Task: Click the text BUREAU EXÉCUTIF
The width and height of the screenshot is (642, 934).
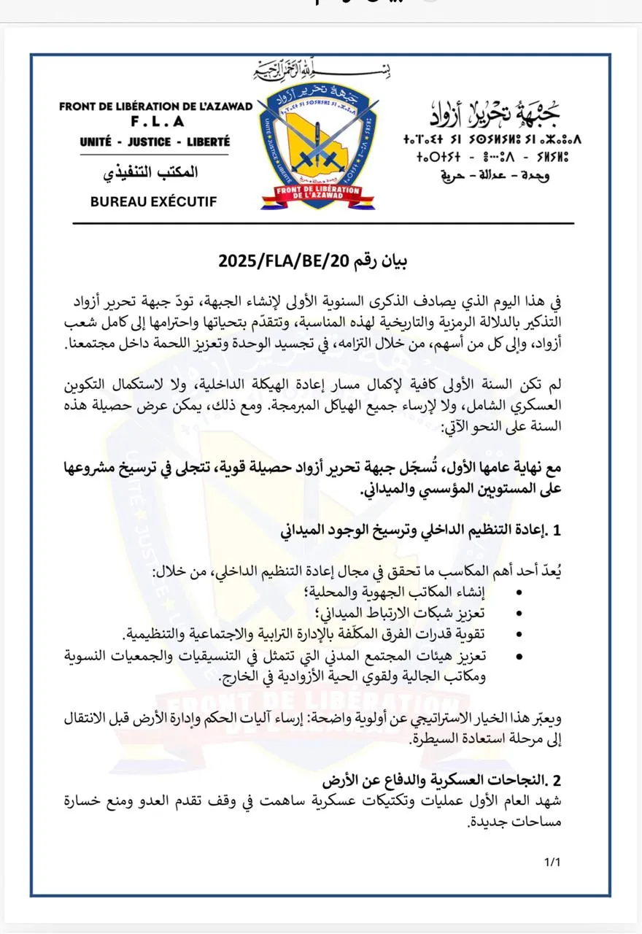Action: [x=153, y=202]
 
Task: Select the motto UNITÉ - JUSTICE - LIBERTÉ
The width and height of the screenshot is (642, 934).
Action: [x=155, y=142]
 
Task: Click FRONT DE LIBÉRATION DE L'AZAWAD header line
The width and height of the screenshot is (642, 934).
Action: [x=155, y=107]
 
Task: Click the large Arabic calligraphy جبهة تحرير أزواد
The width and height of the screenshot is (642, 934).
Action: [x=496, y=113]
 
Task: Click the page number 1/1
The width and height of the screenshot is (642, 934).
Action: [x=552, y=862]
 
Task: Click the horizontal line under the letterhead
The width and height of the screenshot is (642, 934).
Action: [x=321, y=223]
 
